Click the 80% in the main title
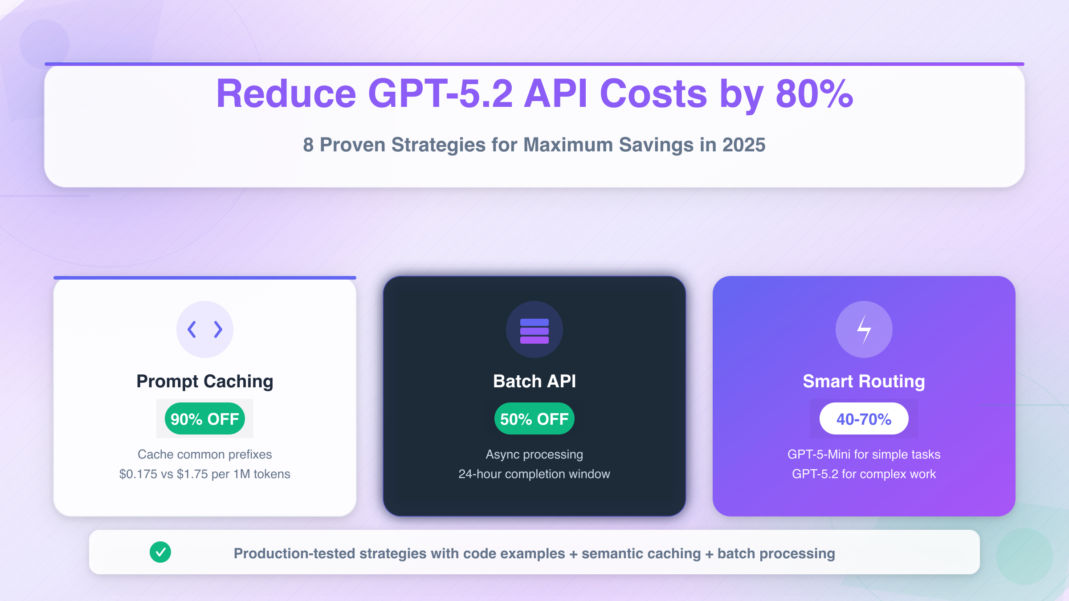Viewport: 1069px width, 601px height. (x=814, y=94)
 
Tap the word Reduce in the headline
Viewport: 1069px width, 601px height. (x=286, y=94)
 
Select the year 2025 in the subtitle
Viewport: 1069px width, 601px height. (x=743, y=145)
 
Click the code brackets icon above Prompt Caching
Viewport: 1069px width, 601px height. (x=205, y=329)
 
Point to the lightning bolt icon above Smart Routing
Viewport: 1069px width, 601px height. (x=864, y=329)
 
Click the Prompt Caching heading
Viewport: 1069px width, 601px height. (x=205, y=382)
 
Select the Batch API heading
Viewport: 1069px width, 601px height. (x=534, y=382)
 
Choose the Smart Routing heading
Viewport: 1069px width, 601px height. (x=864, y=382)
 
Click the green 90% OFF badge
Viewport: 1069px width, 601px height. (x=205, y=419)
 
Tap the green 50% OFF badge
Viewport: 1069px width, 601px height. (x=534, y=419)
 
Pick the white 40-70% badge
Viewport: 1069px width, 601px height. (x=864, y=419)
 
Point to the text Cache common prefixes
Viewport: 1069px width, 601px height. (x=205, y=455)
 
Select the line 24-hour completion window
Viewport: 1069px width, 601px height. (x=534, y=474)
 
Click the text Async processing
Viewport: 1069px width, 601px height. (x=534, y=455)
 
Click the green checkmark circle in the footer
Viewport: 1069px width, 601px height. (x=160, y=552)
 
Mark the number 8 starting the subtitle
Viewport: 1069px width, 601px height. (x=308, y=145)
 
